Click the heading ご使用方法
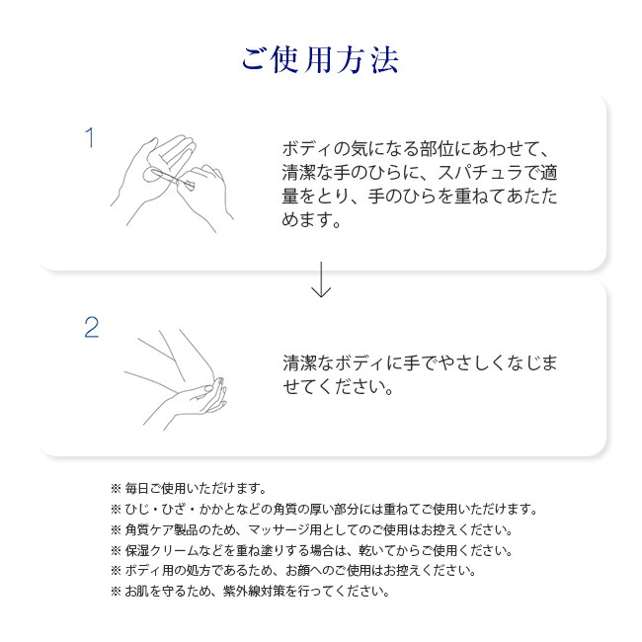320,59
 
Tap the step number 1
90,138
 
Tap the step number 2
91,328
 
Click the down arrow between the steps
320,281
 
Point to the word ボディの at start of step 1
312,149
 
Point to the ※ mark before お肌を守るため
115,592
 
